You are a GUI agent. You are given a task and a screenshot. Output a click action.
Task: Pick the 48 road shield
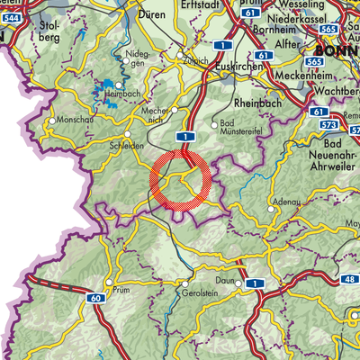click(x=349, y=281)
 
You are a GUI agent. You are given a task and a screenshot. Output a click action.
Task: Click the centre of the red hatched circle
click(x=182, y=183)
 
